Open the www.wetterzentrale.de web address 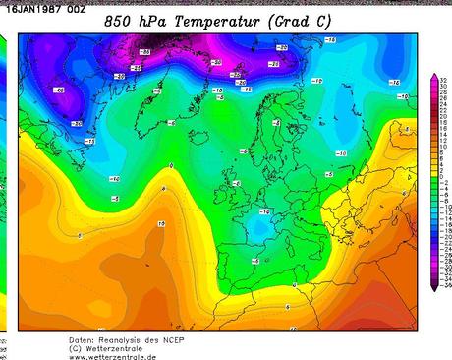tap(112, 356)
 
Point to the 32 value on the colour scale tap(445, 80)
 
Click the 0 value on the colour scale tap(444, 183)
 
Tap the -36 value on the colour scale tap(445, 286)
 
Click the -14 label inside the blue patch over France tap(264, 212)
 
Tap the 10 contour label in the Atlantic tap(161, 224)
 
